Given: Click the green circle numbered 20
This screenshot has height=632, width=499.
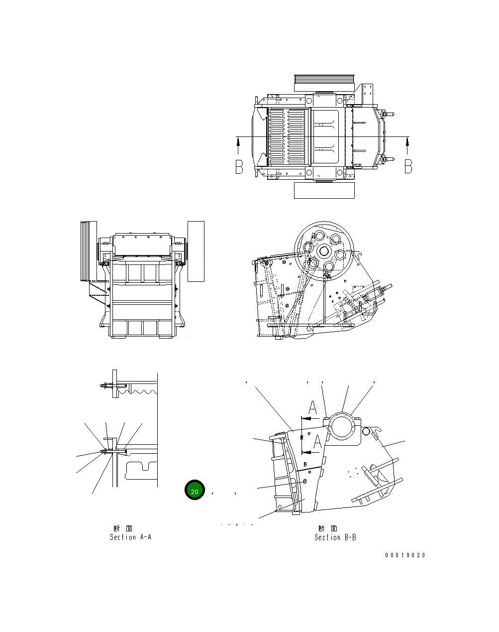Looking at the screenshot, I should (195, 491).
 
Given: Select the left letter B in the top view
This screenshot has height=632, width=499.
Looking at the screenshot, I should (239, 167).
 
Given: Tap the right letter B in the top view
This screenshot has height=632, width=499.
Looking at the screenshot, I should (408, 167).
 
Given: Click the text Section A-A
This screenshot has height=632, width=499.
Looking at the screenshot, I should (130, 537).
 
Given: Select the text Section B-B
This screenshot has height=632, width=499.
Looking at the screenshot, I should (335, 537).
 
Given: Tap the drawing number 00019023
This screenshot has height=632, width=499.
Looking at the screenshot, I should (405, 555).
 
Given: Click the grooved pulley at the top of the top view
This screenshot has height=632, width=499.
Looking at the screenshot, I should (324, 83).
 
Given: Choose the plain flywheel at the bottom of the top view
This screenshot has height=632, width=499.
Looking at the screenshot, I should (324, 190).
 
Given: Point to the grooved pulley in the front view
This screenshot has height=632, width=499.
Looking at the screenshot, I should (88, 252).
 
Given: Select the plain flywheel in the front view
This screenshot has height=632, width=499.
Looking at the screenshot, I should (196, 252).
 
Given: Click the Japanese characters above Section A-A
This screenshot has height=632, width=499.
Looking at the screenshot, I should (122, 528).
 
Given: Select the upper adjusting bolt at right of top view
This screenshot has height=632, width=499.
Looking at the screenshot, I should (388, 115).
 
